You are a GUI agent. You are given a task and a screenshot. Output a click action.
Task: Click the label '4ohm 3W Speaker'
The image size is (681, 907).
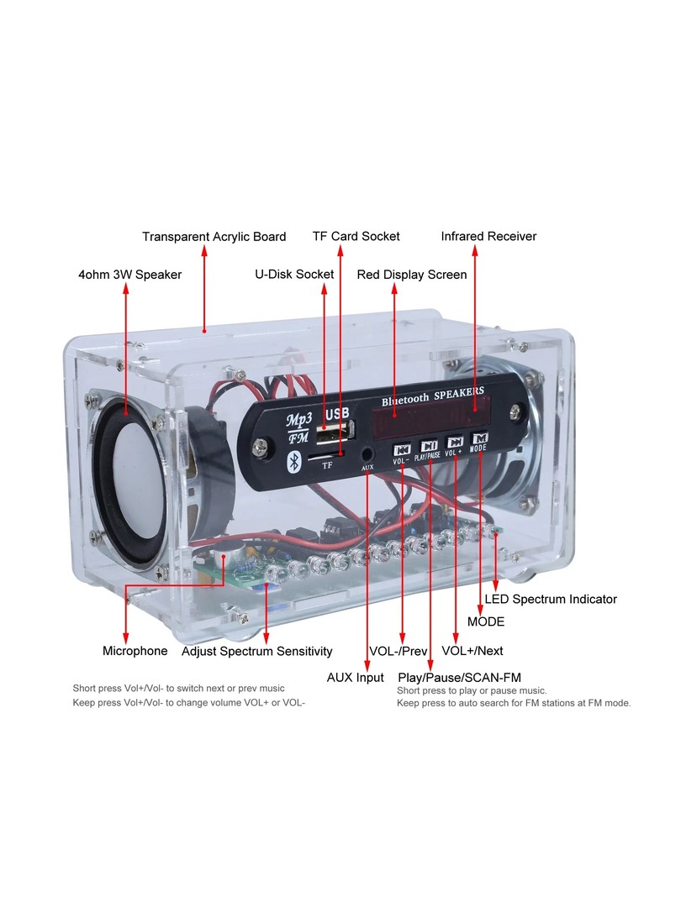point(129,275)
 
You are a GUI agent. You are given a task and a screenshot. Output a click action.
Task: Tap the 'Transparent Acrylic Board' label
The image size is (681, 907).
point(214,237)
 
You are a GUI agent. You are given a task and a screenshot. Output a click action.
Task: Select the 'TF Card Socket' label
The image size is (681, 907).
point(356,237)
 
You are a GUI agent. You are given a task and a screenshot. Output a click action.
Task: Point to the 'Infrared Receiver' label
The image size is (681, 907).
point(488,237)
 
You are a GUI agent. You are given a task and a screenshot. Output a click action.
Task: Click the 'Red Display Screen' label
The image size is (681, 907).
point(412,275)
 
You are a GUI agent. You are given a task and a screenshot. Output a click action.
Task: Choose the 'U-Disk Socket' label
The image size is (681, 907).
point(294,275)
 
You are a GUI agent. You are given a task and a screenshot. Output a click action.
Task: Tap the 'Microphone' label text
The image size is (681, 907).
point(135,651)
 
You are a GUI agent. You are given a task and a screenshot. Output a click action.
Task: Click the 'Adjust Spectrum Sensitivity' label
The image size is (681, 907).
point(256,651)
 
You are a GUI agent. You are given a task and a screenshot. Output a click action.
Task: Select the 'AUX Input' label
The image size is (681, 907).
point(355,678)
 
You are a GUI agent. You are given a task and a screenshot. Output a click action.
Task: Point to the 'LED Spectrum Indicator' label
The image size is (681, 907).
point(551,600)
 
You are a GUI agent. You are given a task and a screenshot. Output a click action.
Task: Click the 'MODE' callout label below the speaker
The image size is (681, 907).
point(486,622)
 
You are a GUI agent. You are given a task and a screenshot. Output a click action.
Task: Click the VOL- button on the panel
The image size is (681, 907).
point(403,449)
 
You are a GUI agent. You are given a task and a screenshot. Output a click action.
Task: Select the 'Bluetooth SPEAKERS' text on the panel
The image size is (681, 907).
point(432,397)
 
